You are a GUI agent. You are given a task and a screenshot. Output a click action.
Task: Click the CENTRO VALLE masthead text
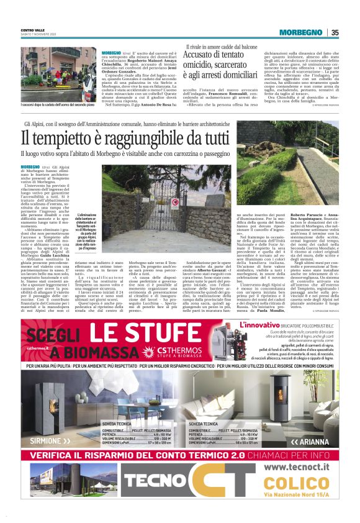(x=33, y=30)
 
